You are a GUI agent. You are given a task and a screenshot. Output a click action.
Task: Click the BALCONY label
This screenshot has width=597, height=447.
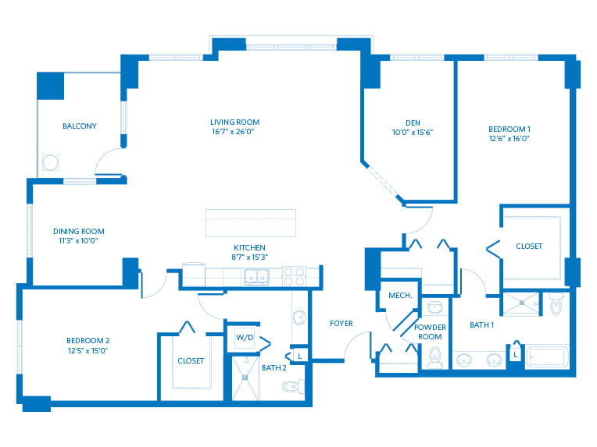79,126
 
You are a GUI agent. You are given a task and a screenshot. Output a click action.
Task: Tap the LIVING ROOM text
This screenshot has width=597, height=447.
235,122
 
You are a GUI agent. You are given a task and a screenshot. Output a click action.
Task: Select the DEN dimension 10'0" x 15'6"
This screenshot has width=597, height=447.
413,133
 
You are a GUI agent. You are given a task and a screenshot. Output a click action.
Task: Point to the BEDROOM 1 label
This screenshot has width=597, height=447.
509,129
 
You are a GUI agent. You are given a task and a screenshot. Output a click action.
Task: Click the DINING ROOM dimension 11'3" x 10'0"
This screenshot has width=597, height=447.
78,240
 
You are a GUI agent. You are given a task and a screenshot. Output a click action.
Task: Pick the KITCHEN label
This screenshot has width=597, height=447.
249,247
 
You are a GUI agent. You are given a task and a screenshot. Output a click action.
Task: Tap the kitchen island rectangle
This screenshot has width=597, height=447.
251,223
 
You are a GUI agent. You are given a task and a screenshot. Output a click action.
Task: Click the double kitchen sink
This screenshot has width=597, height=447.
256,277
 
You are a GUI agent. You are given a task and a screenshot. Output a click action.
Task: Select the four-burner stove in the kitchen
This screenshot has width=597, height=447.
295,276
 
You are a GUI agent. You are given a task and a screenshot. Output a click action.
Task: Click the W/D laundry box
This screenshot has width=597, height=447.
245,338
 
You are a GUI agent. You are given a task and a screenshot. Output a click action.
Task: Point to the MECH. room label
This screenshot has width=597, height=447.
400,296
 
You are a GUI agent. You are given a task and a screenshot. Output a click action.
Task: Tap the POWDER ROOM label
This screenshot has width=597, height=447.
430,332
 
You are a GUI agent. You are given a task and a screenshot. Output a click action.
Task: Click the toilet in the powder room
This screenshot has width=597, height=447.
434,358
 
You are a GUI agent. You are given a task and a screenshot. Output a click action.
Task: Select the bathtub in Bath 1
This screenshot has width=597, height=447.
547,357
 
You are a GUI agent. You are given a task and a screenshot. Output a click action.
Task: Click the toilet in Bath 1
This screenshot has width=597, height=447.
557,303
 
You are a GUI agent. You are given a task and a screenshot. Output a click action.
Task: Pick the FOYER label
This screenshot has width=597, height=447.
341,324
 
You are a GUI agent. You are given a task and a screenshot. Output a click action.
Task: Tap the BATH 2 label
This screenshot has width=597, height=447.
274,368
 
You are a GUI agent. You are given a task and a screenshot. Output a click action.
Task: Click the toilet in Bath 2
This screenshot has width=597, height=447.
294,387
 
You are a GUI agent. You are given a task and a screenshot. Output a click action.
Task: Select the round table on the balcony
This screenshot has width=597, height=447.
50,163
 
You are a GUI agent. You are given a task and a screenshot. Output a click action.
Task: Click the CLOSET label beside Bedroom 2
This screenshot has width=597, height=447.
191,360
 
